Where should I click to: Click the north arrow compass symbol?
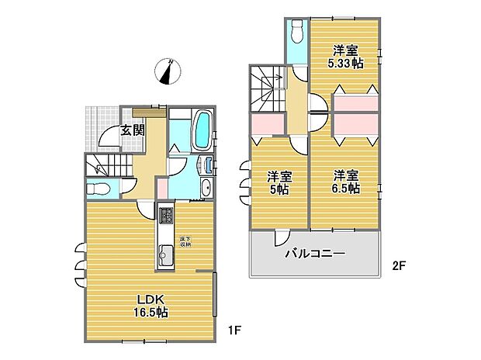168,71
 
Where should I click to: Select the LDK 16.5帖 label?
149,306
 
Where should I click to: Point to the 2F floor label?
399,265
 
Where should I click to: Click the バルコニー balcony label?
314,254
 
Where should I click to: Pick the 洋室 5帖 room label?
279,182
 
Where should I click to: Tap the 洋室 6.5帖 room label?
346,182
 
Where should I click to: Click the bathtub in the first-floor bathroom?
202,130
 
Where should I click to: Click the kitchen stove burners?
166,215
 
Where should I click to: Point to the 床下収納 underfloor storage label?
186,241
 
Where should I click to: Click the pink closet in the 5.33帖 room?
356,103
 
